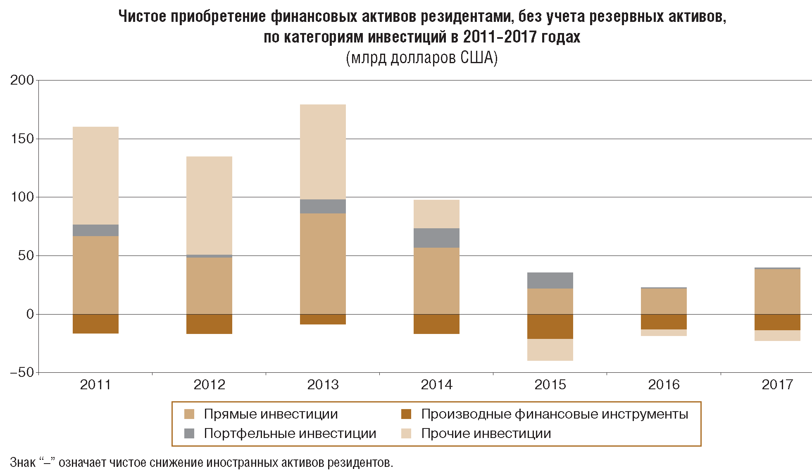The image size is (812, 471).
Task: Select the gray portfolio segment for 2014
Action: [x=436, y=238]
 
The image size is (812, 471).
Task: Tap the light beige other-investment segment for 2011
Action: [x=95, y=175]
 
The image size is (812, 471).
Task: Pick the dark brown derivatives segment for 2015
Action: [x=550, y=326]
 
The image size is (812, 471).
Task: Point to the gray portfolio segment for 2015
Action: [x=550, y=280]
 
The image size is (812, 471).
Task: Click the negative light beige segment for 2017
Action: [x=777, y=335]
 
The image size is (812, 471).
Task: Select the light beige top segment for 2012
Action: [x=209, y=205]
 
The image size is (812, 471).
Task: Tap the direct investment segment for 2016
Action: [x=664, y=301]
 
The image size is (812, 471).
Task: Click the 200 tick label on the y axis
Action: [x=22, y=80]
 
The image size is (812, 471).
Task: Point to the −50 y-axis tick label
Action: [x=22, y=372]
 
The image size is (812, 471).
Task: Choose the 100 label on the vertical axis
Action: [x=22, y=197]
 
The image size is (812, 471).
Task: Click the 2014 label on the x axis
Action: [x=436, y=385]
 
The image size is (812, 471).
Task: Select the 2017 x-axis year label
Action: [x=777, y=385]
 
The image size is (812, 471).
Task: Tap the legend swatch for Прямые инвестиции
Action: [x=189, y=414]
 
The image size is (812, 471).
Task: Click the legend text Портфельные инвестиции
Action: [x=290, y=433]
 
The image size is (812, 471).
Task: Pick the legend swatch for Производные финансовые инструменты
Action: [x=406, y=414]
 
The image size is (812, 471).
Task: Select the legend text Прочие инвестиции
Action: [x=486, y=433]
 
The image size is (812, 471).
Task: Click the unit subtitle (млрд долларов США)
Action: [x=421, y=58]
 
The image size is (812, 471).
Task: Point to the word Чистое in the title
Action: [x=142, y=17]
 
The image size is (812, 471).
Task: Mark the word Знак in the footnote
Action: [x=23, y=462]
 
